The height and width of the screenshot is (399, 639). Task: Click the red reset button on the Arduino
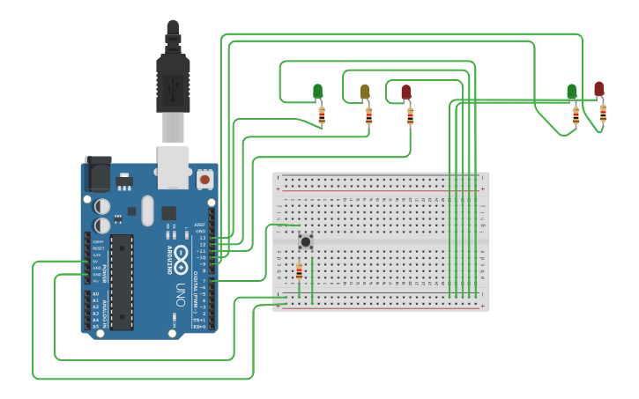point(204,179)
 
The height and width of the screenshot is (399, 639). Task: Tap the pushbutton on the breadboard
point(305,241)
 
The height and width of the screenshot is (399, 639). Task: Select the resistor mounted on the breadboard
point(299,272)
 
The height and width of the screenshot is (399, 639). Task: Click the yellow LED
point(365,92)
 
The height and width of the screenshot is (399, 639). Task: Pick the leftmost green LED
point(317,91)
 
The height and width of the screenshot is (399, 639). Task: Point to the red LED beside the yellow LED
point(405,92)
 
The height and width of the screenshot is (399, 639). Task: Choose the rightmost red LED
point(598,89)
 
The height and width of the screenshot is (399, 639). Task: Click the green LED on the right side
point(571,92)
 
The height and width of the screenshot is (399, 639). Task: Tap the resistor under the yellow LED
point(368,115)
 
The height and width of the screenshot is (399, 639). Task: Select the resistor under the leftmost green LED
point(322,115)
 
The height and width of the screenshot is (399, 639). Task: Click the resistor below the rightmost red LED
point(603,113)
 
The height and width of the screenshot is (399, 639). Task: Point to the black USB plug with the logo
point(173,84)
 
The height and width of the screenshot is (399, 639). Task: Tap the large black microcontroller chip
point(121,282)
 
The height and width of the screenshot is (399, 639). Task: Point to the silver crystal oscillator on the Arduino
point(146,211)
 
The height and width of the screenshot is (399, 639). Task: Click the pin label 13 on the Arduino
point(202,238)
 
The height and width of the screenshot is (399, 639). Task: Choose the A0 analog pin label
point(95,293)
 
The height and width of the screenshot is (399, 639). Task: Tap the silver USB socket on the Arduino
point(173,167)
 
